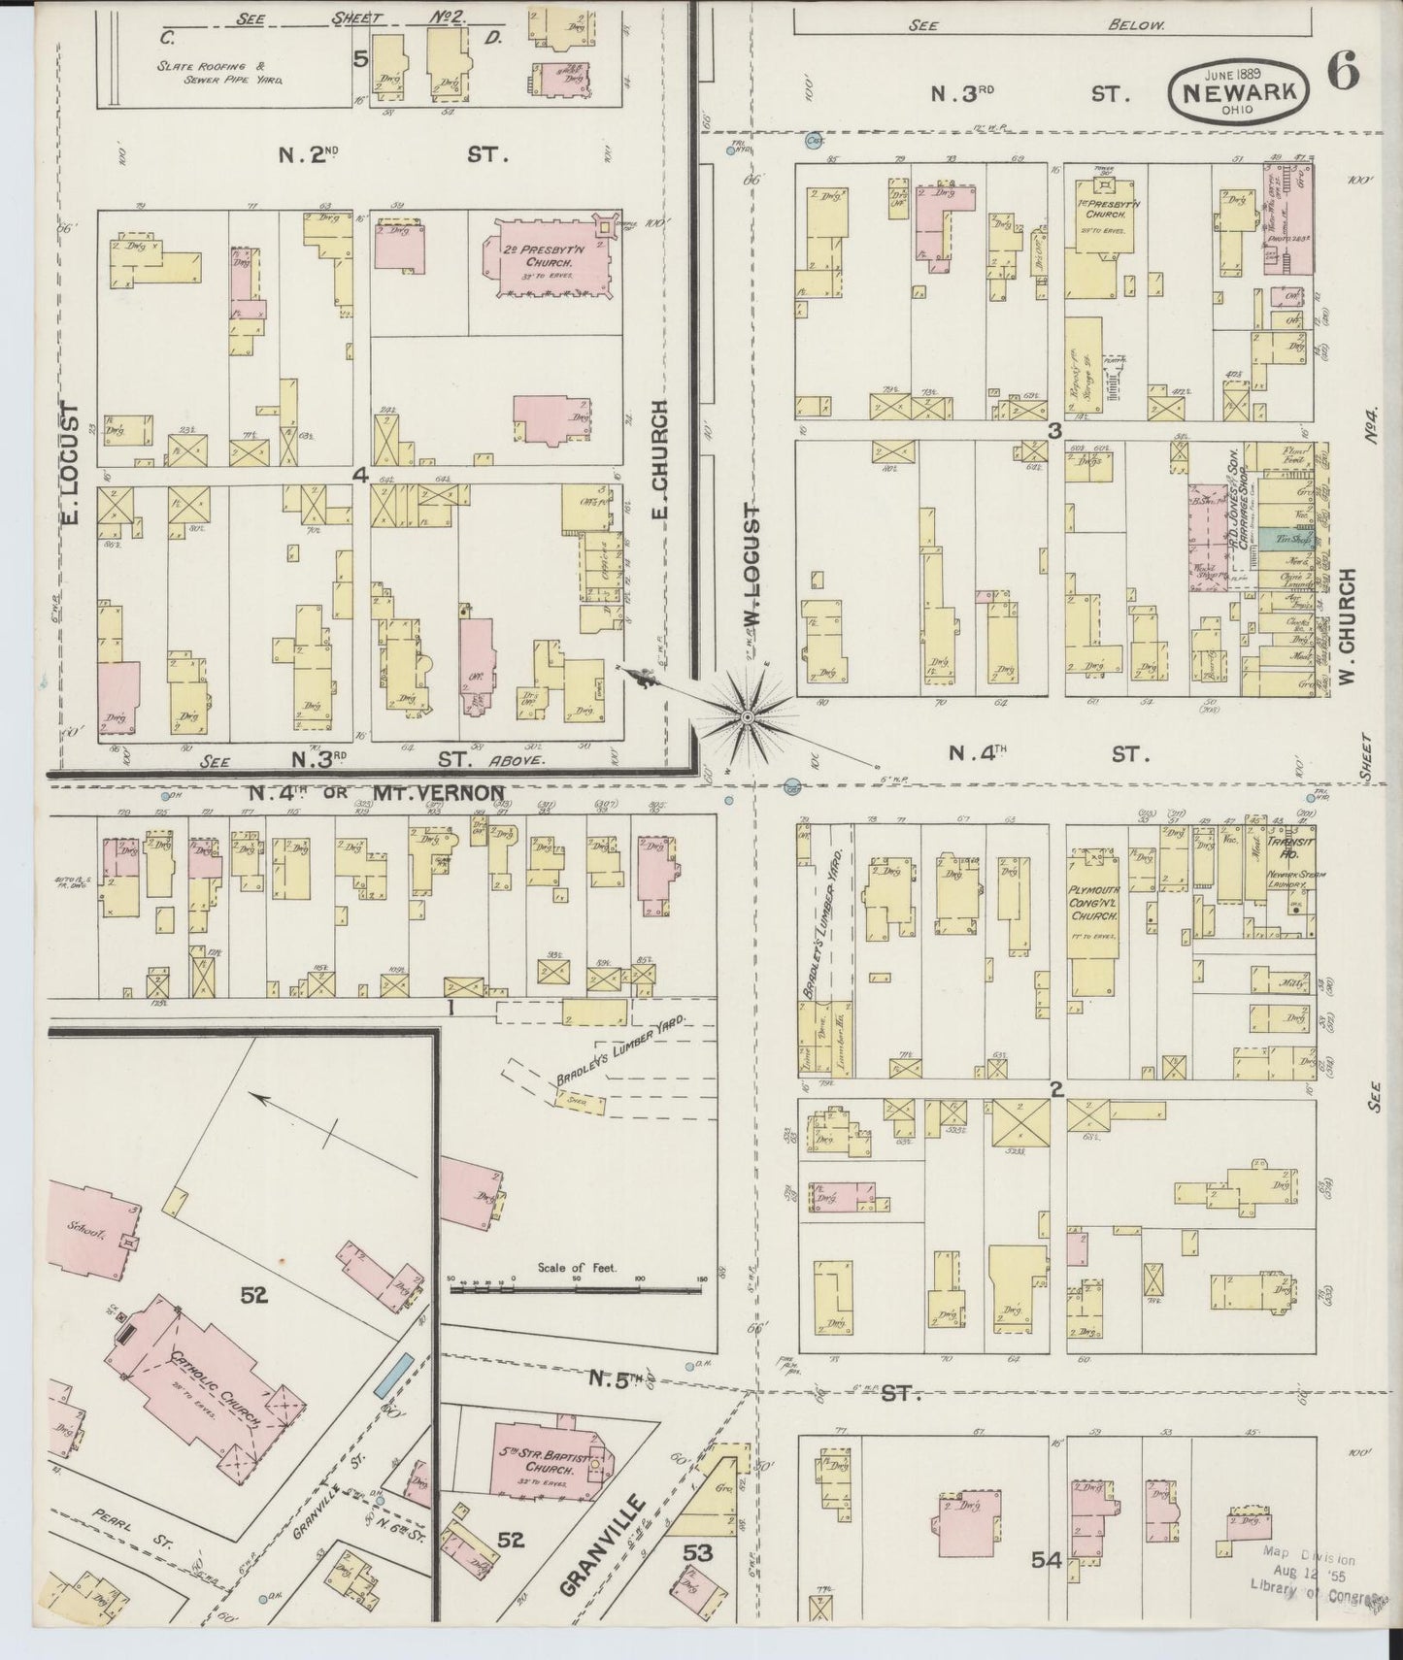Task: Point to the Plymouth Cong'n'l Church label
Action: tap(1095, 904)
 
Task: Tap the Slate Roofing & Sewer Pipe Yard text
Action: tap(224, 73)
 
